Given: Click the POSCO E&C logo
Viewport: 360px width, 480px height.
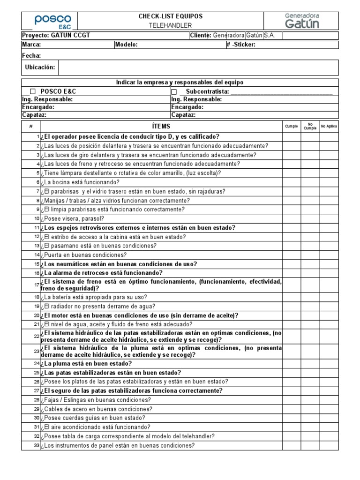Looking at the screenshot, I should [x=49, y=21].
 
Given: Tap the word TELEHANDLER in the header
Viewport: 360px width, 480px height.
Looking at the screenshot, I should [x=171, y=25].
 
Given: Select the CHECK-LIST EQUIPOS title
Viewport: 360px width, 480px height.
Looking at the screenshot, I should [x=171, y=16].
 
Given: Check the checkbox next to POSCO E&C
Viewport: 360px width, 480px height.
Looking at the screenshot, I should [x=33, y=92].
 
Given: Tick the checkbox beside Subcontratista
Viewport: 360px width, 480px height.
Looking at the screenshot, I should [x=174, y=92].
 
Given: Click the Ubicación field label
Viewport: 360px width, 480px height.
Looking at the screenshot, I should [x=40, y=67].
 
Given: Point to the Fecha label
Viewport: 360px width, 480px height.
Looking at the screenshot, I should [x=31, y=56].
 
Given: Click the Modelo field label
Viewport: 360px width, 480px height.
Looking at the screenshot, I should [x=127, y=45].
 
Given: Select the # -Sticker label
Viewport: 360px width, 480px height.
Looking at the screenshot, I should [x=242, y=45].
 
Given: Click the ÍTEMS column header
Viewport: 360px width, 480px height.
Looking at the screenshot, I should [x=161, y=127].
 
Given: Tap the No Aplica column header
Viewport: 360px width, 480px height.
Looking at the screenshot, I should [x=329, y=127].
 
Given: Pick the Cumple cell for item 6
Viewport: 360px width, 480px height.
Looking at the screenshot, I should [x=292, y=182].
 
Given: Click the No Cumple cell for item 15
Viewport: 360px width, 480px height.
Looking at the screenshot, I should [x=310, y=264].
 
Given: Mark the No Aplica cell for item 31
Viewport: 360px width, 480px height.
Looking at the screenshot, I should [x=329, y=427].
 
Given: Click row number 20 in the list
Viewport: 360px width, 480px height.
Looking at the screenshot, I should [x=36, y=315].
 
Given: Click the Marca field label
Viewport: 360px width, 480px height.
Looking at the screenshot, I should [x=31, y=45].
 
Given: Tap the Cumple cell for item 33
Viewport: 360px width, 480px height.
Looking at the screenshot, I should [x=292, y=445].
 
